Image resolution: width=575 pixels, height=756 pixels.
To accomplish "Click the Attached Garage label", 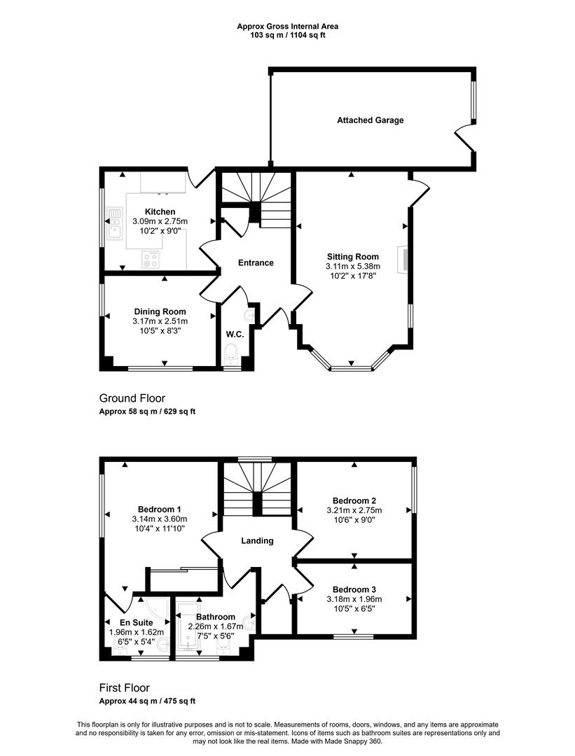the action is click(x=370, y=120).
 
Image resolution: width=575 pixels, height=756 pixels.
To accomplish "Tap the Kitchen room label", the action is click(x=160, y=211).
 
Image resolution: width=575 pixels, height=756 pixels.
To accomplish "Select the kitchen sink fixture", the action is click(x=115, y=224).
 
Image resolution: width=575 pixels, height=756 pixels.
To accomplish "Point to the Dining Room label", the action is click(x=160, y=311).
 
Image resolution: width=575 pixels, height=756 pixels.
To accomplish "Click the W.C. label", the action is click(x=235, y=334).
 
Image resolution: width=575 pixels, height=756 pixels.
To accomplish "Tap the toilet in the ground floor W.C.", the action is click(x=232, y=353).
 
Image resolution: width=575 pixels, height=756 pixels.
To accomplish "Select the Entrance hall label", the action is click(x=256, y=262).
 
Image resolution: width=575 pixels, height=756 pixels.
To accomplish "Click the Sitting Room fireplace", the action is click(x=402, y=260).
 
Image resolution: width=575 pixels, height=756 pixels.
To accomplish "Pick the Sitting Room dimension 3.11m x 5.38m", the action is click(x=353, y=266).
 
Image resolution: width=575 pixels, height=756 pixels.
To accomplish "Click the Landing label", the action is click(x=257, y=541).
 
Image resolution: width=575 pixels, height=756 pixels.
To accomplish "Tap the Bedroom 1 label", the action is click(x=160, y=509).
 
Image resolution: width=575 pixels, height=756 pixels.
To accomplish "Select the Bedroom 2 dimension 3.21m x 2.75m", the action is click(x=354, y=510).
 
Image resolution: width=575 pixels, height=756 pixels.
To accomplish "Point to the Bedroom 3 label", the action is click(x=354, y=589).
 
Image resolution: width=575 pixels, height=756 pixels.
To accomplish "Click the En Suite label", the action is click(x=137, y=622).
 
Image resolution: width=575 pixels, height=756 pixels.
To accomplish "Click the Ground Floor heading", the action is click(x=132, y=398).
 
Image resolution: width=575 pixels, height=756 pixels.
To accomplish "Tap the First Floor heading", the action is click(x=125, y=688).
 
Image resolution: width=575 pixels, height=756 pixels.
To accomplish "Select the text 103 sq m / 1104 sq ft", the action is click(x=287, y=35).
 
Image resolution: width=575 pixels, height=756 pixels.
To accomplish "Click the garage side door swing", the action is click(x=464, y=137).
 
